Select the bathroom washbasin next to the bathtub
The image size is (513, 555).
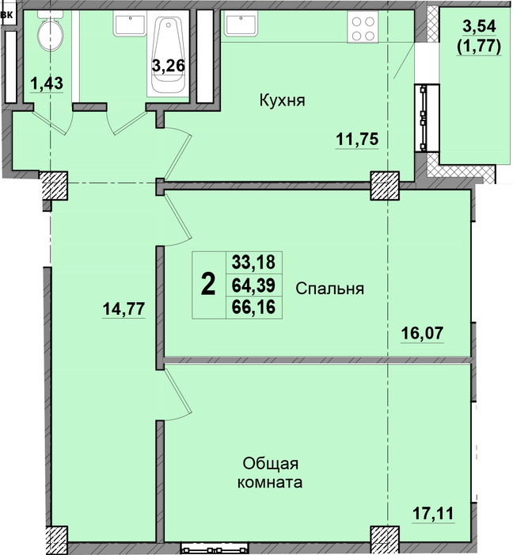click(x=130, y=23)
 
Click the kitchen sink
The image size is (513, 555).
click(x=241, y=23)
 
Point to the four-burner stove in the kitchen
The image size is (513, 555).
click(x=363, y=27)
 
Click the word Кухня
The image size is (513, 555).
click(x=283, y=101)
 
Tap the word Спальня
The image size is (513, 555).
click(x=329, y=289)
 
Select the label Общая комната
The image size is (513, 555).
click(x=270, y=473)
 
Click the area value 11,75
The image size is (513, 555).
click(x=357, y=139)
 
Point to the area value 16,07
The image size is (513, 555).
click(x=422, y=333)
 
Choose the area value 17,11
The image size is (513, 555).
click(x=433, y=513)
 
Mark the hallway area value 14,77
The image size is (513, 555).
click(x=123, y=308)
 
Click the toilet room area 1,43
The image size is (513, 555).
click(x=47, y=83)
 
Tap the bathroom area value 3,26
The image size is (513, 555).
click(x=169, y=66)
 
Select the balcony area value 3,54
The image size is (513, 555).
click(x=480, y=26)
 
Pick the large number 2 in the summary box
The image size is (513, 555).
click(x=208, y=285)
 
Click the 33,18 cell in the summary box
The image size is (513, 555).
click(x=253, y=262)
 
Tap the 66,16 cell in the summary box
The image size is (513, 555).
click(x=253, y=307)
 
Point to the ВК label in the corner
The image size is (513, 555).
click(x=7, y=15)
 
